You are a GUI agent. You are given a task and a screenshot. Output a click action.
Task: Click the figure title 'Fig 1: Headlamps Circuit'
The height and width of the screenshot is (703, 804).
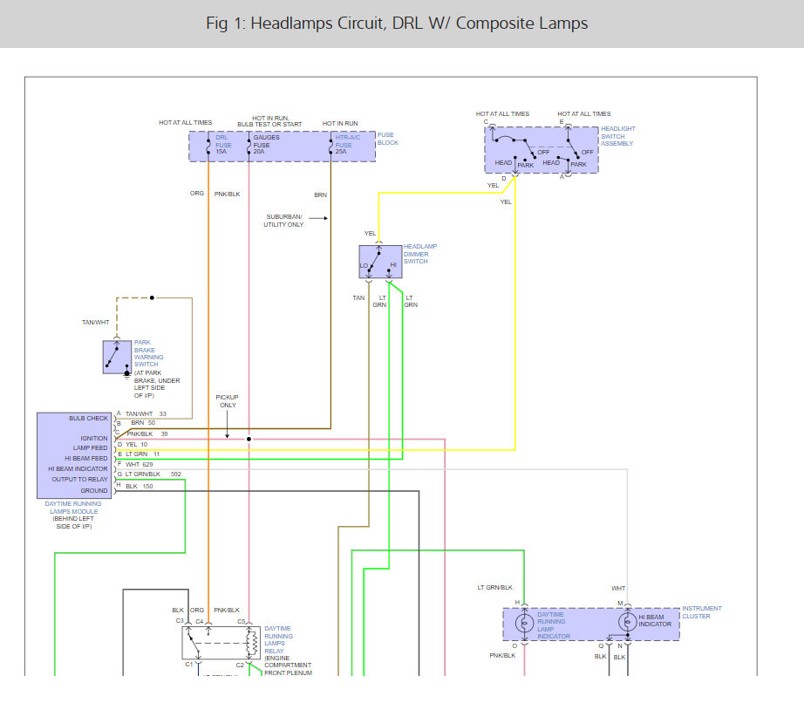point(397,24)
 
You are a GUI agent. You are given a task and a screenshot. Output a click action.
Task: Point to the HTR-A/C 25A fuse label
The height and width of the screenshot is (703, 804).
point(348,145)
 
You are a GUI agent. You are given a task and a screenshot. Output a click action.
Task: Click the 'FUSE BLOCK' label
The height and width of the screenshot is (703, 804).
point(388,139)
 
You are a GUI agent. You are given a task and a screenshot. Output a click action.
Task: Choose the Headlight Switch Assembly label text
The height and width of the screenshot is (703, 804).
point(618,136)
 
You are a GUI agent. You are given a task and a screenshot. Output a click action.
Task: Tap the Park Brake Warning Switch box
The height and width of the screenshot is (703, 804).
point(117,357)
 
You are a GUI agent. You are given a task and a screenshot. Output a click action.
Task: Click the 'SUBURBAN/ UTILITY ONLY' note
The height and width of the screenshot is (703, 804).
point(283,220)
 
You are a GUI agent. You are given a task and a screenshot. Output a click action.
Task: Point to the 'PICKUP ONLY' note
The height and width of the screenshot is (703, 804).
point(227,401)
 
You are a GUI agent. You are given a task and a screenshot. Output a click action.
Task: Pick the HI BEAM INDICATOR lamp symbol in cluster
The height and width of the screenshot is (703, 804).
point(627,623)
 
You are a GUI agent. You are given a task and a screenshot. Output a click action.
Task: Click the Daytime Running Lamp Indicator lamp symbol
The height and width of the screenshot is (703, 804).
point(524,623)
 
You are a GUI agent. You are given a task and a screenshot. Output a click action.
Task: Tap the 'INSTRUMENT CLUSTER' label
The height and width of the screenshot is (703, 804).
point(702,612)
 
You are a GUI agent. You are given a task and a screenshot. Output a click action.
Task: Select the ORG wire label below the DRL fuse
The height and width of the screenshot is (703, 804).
point(197,193)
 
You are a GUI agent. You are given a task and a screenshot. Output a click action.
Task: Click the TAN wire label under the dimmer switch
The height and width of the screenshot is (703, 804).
point(358,297)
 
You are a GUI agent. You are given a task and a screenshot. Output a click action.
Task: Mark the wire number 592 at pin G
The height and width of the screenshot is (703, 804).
point(176,474)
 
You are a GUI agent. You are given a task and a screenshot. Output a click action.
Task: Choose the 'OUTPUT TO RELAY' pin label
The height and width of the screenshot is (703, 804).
point(79,479)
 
